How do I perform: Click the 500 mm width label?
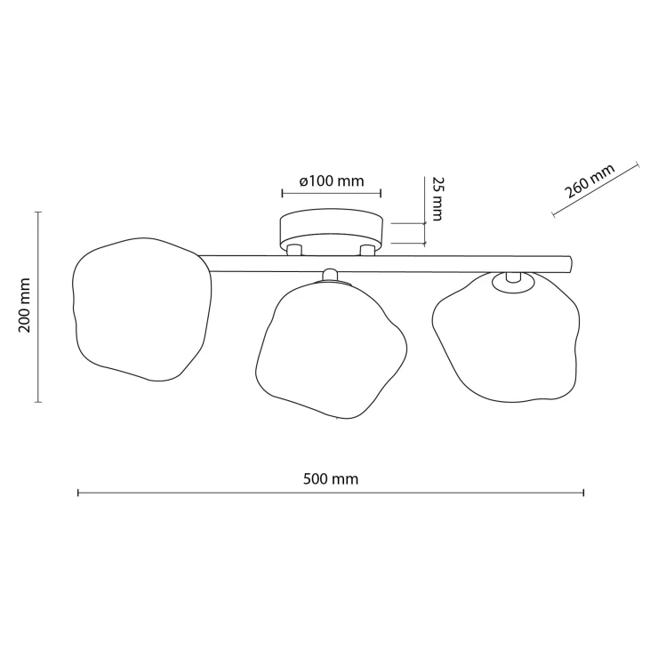point(331,478)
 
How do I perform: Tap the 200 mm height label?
point(25,305)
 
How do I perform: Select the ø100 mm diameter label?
point(332,181)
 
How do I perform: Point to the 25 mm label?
point(437,198)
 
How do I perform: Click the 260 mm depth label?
point(590,181)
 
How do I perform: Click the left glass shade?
point(142,309)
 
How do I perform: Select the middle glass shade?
point(331,350)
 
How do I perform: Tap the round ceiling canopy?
point(332,231)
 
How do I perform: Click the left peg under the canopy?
point(293,250)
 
